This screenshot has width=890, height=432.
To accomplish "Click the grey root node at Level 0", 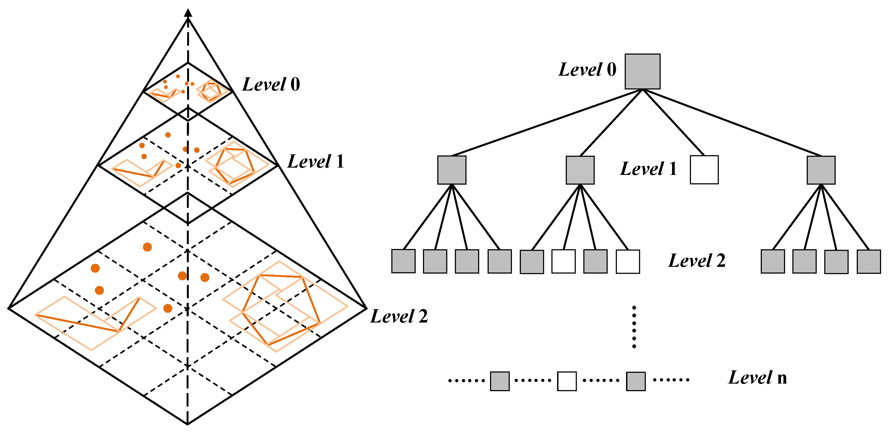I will (x=642, y=71).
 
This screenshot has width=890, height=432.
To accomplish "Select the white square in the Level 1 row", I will (x=704, y=170).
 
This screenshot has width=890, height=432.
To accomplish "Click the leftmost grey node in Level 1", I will (x=452, y=170).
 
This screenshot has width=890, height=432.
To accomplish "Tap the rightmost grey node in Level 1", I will (x=821, y=170).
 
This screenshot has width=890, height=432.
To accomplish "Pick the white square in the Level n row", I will (x=567, y=381).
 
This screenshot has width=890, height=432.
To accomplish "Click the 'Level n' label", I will (x=757, y=377).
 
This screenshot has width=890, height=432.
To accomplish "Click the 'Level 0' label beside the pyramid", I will (x=271, y=84).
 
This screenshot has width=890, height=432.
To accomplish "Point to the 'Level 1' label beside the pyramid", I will (x=315, y=161).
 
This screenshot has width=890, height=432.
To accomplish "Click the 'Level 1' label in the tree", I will (x=648, y=169).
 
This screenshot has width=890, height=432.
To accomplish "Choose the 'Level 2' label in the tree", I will (x=697, y=261).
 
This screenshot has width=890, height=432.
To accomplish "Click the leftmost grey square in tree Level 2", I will (x=403, y=261).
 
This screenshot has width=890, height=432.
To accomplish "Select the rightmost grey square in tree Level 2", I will (x=869, y=261).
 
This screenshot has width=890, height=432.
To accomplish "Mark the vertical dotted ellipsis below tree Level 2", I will (x=634, y=327).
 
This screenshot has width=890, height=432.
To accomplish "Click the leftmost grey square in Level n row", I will (x=499, y=381).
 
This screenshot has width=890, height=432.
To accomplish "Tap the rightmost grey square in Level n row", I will (x=636, y=381).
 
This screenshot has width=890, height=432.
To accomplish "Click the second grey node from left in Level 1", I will (x=580, y=170).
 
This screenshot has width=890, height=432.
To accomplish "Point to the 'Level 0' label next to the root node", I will (x=587, y=69).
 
